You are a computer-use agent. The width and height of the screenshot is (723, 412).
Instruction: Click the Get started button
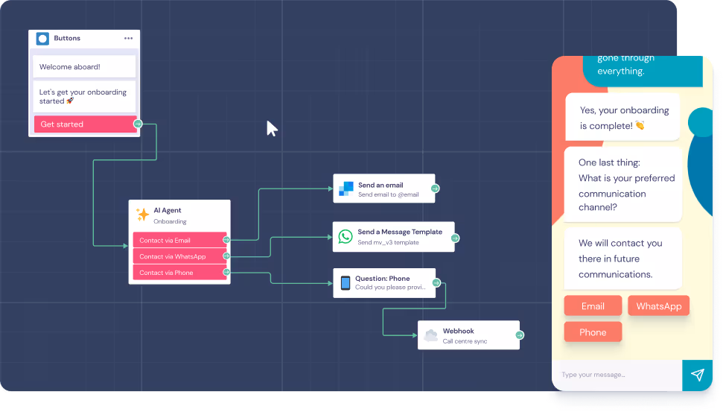click(83, 124)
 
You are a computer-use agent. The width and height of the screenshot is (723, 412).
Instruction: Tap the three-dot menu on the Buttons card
click(129, 39)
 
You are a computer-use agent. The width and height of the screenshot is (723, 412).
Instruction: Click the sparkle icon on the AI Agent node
click(142, 215)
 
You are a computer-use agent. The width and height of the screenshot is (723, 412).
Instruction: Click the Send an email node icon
click(345, 188)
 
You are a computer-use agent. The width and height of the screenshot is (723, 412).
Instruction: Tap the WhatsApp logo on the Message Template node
click(345, 236)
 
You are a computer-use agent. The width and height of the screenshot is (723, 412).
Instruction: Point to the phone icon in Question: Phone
click(345, 283)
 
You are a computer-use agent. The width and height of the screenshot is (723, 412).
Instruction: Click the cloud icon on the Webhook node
click(430, 335)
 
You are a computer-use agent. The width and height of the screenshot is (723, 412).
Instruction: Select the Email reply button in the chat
click(593, 306)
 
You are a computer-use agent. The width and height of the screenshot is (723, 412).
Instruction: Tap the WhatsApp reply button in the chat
click(658, 306)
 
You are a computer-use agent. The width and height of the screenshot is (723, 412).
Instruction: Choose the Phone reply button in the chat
click(593, 332)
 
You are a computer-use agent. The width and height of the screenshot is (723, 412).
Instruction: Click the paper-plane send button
click(698, 375)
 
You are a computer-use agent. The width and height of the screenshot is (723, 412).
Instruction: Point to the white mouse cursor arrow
click(271, 127)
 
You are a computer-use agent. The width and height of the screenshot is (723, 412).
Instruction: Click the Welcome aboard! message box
click(84, 66)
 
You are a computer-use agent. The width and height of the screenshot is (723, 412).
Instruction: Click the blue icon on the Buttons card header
click(42, 39)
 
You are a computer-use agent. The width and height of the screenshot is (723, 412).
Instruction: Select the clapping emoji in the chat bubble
click(640, 126)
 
